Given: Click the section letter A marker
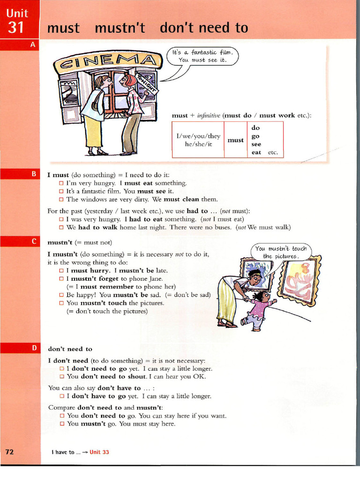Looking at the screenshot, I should (33, 45).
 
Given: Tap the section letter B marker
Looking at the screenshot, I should (33, 174).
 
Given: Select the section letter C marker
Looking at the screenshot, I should (33, 241).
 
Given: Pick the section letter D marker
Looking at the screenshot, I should (33, 348).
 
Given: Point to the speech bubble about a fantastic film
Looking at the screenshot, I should (202, 56).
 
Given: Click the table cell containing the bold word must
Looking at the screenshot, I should (235, 140).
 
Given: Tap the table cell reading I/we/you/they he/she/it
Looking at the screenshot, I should (198, 140).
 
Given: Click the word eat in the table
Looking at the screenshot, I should (256, 152).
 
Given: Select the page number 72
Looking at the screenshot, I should (10, 452).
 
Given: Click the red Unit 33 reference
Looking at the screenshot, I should (99, 452).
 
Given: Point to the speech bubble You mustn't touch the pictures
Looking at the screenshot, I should (281, 252).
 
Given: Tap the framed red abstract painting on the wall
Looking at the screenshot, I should (299, 281).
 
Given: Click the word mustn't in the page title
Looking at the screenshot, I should (120, 28).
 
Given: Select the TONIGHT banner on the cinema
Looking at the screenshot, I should (147, 82).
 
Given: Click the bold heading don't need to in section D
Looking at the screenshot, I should (70, 349).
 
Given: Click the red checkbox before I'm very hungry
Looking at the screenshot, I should (61, 183).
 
